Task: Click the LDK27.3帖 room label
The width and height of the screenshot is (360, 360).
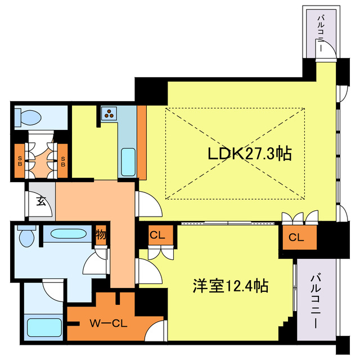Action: (250, 154)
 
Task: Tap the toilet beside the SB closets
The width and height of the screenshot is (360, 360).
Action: (28, 117)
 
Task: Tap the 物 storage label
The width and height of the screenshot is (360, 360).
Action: (101, 233)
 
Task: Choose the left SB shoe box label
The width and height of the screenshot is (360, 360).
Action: (20, 161)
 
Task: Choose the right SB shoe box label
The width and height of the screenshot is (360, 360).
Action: (62, 161)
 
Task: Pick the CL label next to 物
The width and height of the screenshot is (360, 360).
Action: (157, 236)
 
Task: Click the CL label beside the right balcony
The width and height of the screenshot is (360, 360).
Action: (296, 237)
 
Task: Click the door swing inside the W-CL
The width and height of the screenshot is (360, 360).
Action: (155, 331)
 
